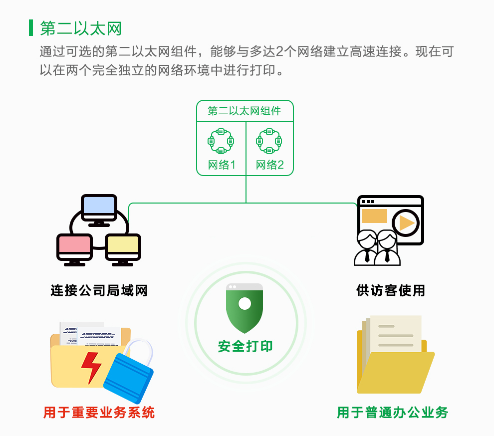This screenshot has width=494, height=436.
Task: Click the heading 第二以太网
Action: (x=81, y=28)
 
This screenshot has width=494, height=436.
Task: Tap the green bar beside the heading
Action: (x=31, y=28)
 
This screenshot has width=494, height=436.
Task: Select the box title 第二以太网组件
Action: (x=244, y=111)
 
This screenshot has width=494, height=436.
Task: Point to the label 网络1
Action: (x=222, y=165)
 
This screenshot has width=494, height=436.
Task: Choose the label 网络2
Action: (x=269, y=165)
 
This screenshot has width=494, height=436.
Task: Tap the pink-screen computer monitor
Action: (x=74, y=249)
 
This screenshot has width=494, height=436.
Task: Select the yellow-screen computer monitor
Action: (x=123, y=249)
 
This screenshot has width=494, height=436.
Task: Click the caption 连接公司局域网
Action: (x=99, y=290)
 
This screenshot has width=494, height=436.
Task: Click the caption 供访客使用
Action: (x=391, y=290)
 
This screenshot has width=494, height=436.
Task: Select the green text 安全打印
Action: (x=245, y=346)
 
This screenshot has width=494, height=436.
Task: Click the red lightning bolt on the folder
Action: (x=91, y=368)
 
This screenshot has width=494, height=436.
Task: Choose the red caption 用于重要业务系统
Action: (x=99, y=413)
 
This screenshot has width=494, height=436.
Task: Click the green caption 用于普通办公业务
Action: (x=393, y=413)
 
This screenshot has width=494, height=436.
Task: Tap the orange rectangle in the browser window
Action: (x=374, y=216)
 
